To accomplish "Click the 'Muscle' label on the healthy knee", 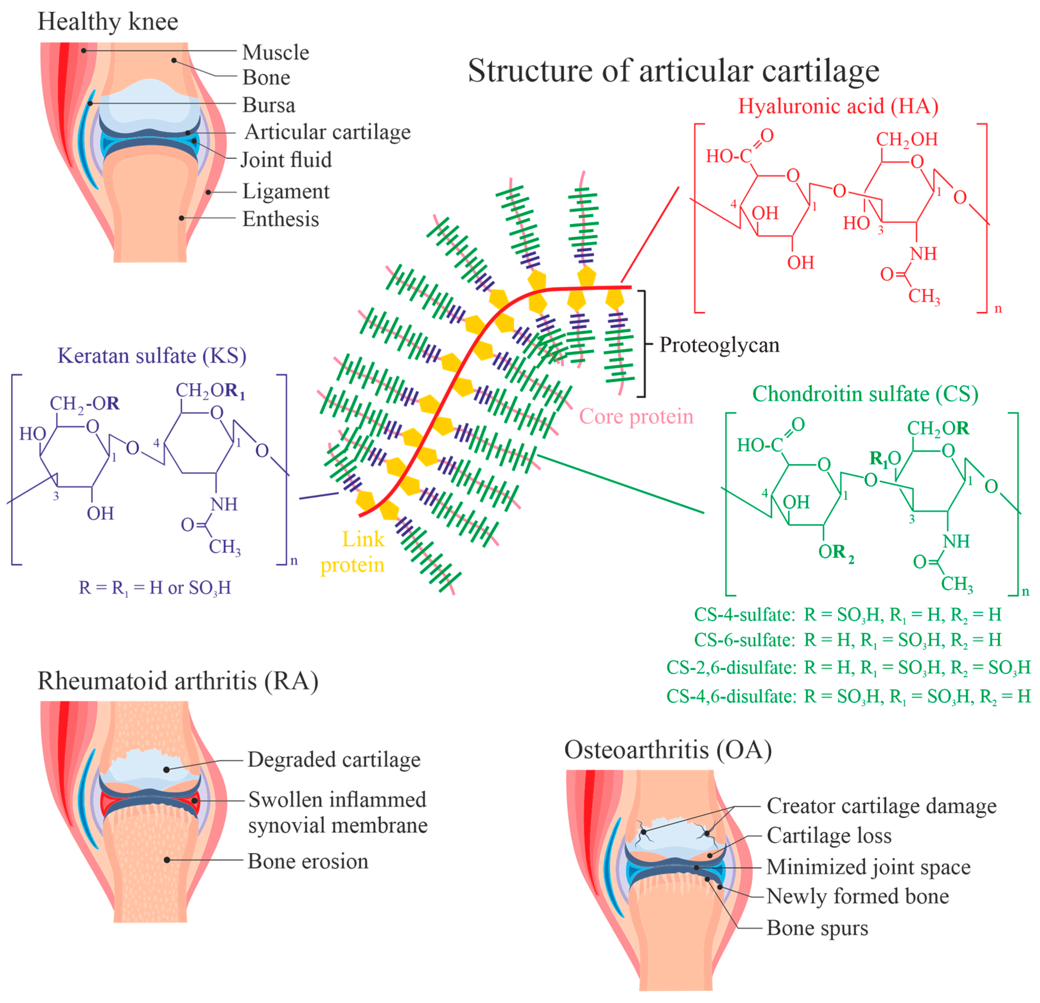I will click(x=275, y=53).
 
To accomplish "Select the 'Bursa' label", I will click(x=268, y=105).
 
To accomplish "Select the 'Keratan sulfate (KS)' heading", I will click(x=152, y=355).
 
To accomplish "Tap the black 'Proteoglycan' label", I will click(x=719, y=345).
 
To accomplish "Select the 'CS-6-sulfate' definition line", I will click(x=847, y=640).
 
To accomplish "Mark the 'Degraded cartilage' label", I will click(x=334, y=759).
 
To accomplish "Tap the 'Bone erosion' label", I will click(x=308, y=861).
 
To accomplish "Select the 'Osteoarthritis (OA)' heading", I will click(x=668, y=750).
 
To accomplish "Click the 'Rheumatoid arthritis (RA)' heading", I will click(x=178, y=681).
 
